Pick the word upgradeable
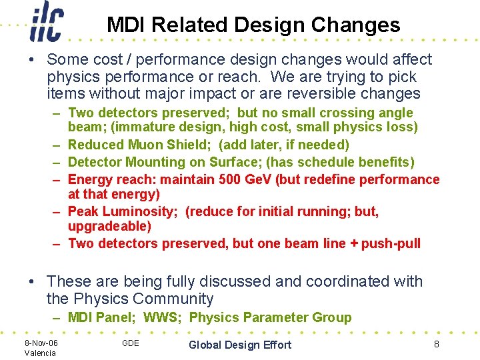click(109, 226)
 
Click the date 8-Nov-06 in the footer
click(41, 343)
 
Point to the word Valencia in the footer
click(40, 353)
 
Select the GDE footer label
click(131, 343)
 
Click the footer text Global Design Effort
click(240, 345)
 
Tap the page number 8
click(436, 344)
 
